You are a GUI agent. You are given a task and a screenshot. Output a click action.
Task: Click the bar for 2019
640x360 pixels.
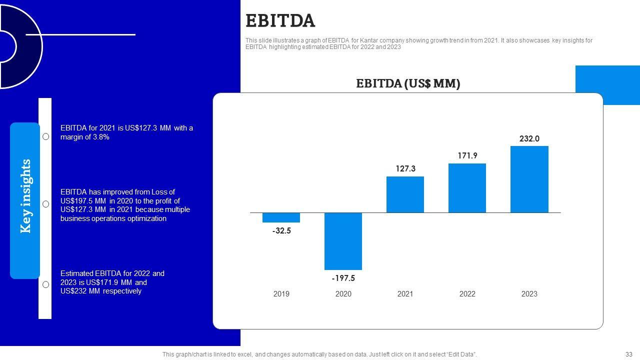[281, 217]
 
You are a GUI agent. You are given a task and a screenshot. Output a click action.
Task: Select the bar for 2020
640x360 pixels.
[343, 241]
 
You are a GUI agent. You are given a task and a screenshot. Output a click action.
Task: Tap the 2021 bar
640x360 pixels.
[405, 194]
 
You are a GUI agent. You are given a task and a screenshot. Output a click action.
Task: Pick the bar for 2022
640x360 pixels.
[467, 188]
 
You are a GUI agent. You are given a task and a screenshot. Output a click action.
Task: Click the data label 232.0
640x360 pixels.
[529, 139]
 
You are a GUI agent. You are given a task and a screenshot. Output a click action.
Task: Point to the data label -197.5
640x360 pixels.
[343, 278]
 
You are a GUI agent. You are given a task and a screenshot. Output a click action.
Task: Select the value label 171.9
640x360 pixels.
[467, 156]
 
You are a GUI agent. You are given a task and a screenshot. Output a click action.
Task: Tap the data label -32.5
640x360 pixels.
[281, 231]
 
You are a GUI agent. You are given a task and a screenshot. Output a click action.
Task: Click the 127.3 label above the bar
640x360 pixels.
[405, 169]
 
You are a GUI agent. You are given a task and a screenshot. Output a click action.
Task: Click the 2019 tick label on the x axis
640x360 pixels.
[281, 294]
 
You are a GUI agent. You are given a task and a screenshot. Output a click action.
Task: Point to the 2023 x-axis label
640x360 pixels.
[529, 294]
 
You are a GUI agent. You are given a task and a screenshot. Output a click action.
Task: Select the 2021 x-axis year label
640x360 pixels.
[405, 294]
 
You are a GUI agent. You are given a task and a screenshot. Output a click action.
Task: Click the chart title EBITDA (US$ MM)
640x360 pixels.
[408, 83]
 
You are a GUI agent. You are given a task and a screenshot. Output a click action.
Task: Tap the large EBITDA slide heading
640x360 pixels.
[280, 21]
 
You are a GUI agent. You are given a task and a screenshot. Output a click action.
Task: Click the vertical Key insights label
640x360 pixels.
[25, 196]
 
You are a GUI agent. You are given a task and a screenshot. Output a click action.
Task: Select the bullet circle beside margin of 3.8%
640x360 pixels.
[45, 136]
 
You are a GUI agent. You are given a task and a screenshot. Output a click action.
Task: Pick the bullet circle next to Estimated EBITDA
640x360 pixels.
[45, 284]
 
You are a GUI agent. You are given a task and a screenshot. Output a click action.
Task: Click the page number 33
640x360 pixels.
[628, 354]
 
